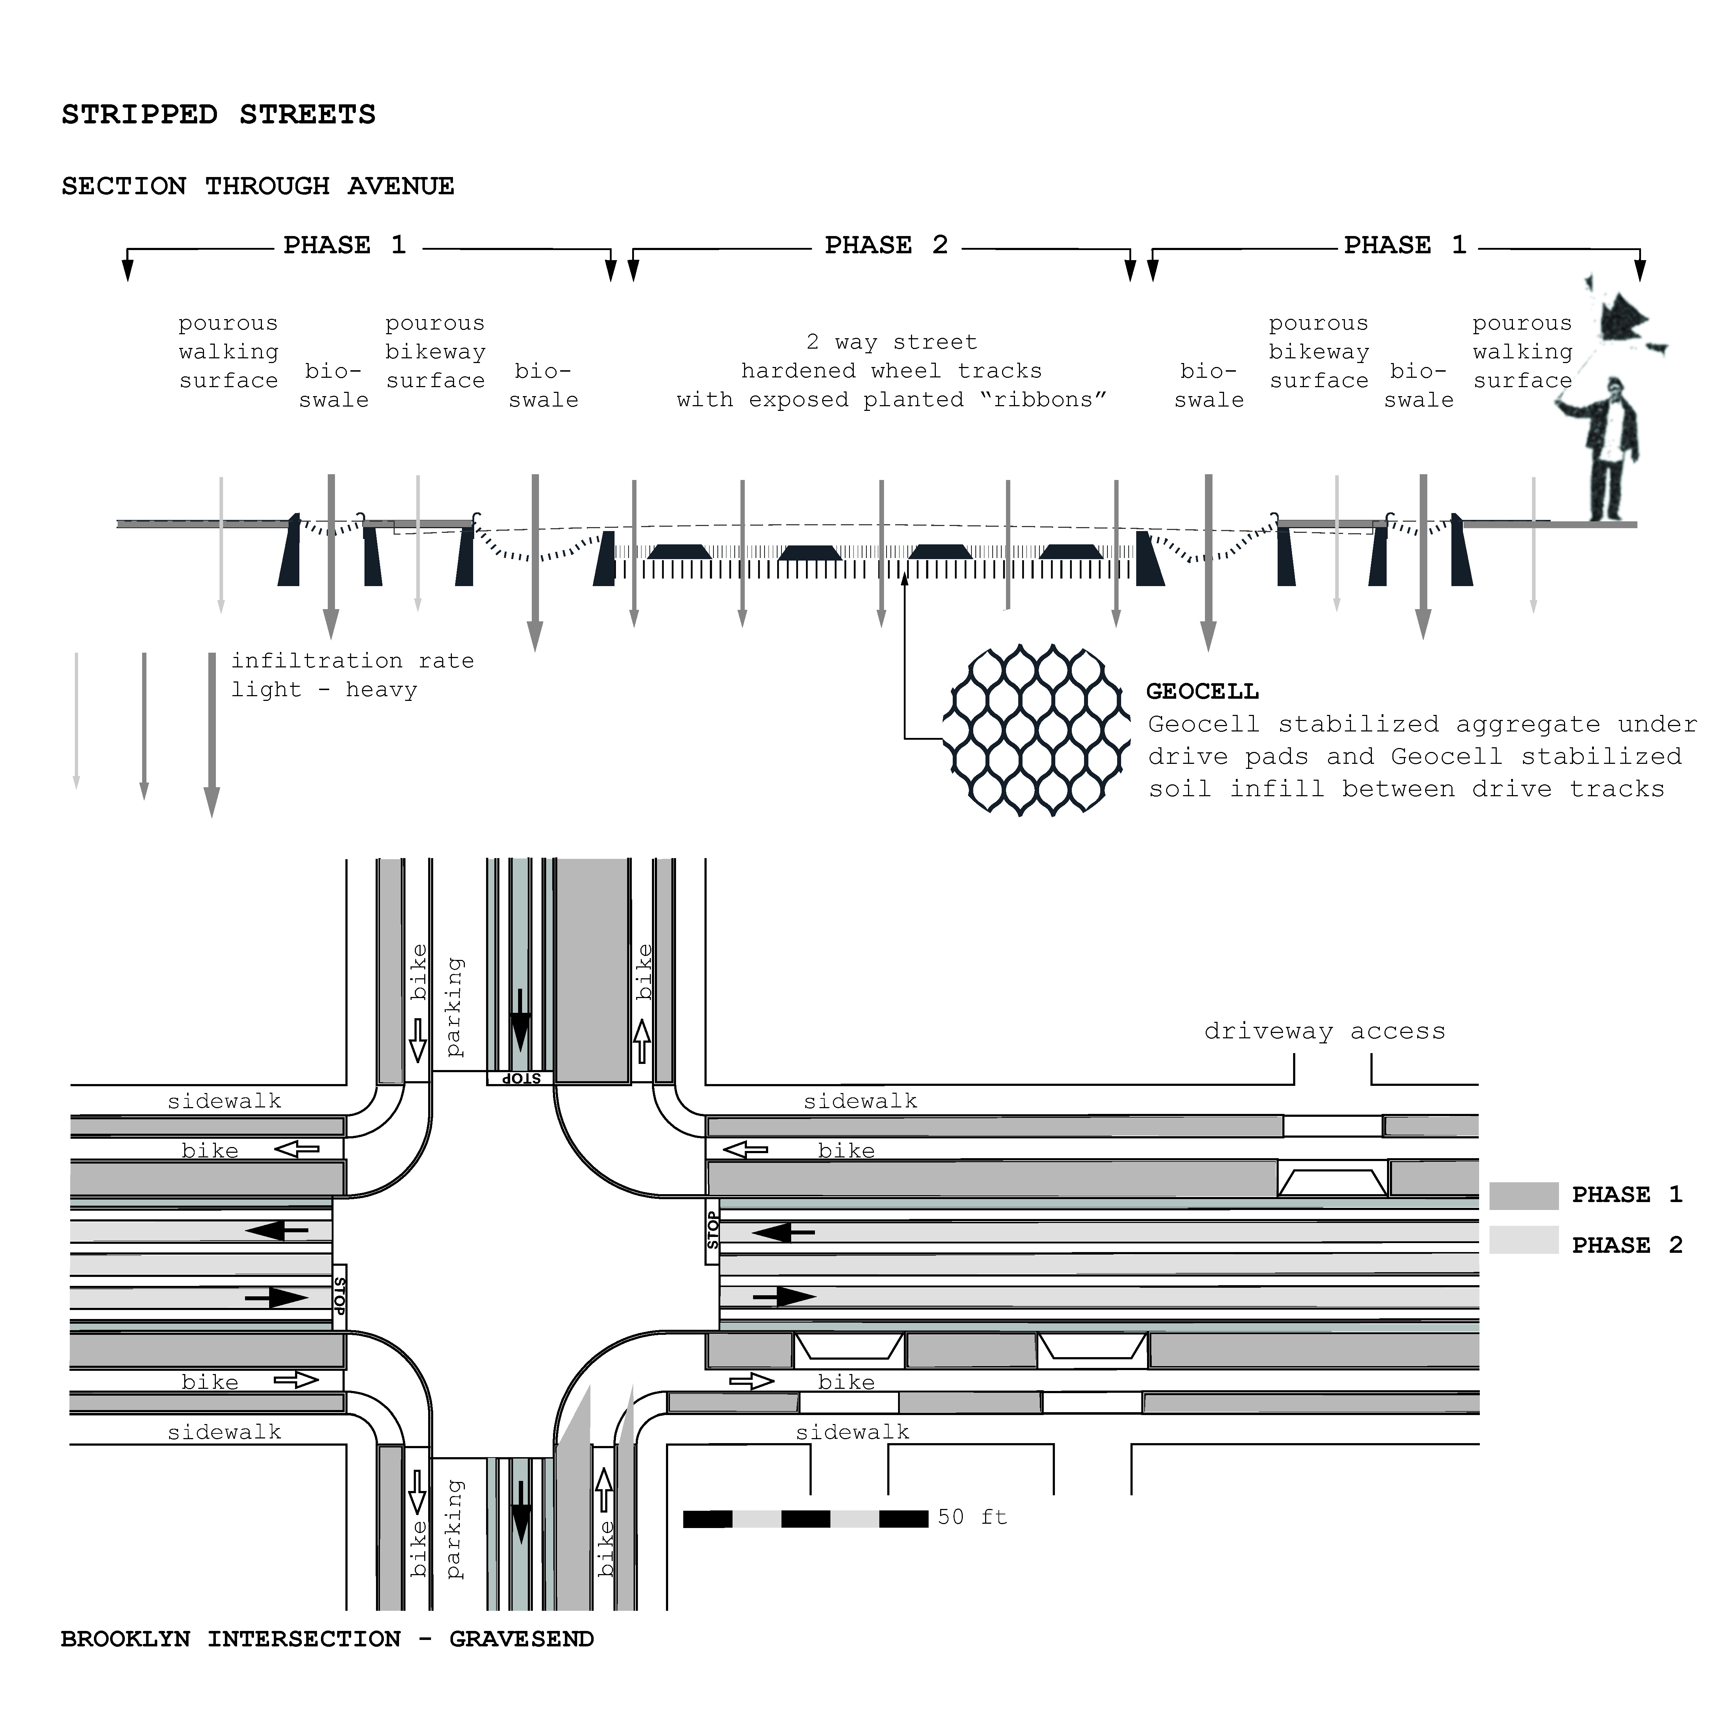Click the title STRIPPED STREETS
tap(218, 114)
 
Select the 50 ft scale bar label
tap(972, 1517)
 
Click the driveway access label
tap(1324, 1031)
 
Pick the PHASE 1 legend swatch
tap(1523, 1195)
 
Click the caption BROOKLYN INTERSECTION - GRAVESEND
tap(327, 1638)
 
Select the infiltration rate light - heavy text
tap(352, 675)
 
